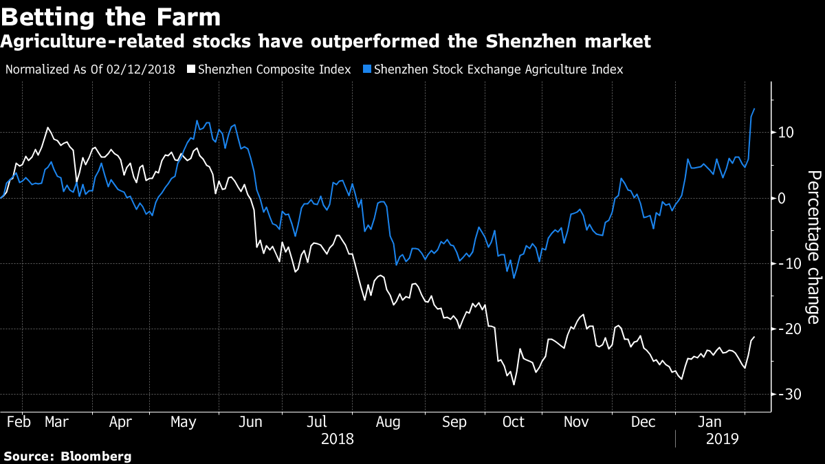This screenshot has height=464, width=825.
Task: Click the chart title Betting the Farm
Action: click(x=111, y=16)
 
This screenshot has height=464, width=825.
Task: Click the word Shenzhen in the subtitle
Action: click(x=531, y=41)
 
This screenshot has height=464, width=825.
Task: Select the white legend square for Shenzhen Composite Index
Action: click(x=191, y=69)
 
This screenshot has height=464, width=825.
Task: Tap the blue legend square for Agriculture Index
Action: click(x=367, y=69)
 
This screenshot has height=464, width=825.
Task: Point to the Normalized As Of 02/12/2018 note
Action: click(x=90, y=69)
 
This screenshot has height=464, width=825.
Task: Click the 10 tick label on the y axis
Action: click(x=786, y=133)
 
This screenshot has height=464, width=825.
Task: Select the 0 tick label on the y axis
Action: click(x=782, y=198)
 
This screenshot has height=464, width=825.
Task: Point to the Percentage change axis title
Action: click(x=814, y=247)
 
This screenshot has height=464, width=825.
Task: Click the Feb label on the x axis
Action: click(x=19, y=422)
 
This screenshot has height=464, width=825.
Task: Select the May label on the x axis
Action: click(x=183, y=422)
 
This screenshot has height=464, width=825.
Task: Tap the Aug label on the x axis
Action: click(x=388, y=422)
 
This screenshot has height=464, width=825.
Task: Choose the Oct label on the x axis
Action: click(x=513, y=422)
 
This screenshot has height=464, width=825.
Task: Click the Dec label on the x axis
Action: click(x=643, y=422)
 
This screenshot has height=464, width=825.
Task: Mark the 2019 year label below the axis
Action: click(x=723, y=439)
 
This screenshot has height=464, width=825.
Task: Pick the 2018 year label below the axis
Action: click(x=338, y=439)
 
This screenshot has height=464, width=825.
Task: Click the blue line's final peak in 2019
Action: click(x=754, y=109)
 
